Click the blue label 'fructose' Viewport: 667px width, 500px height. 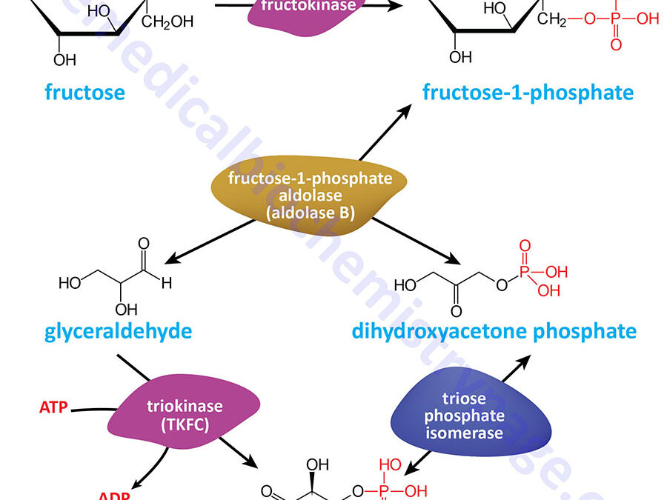84,93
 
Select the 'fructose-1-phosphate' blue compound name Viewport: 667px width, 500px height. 528,93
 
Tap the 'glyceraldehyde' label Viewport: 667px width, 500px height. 118,330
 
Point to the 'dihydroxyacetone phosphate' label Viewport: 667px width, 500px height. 494,330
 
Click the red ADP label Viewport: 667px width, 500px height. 114,494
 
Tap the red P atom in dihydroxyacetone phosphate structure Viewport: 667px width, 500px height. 525,273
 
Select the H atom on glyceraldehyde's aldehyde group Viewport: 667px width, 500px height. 168,282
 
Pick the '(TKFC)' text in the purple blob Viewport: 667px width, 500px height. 182,424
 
